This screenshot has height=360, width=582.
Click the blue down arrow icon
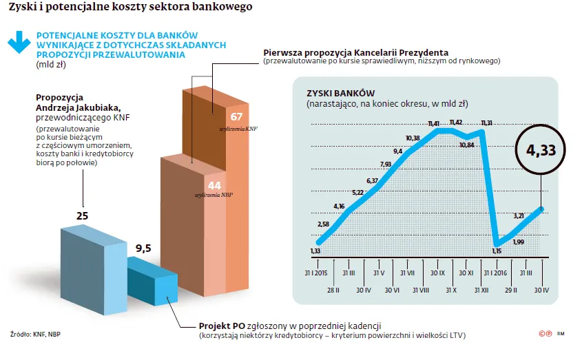tap(19, 42)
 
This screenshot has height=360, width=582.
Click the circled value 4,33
tap(540, 149)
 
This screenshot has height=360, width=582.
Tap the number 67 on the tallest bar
tap(236, 116)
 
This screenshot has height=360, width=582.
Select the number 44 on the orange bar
tap(214, 185)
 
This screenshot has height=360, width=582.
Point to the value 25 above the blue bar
tap(82, 216)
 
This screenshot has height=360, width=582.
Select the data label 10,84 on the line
tap(467, 145)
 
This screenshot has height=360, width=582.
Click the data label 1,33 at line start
tap(315, 251)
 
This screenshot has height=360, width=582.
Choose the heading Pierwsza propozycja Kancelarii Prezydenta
tap(355, 52)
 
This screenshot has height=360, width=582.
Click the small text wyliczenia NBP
tap(214, 195)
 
